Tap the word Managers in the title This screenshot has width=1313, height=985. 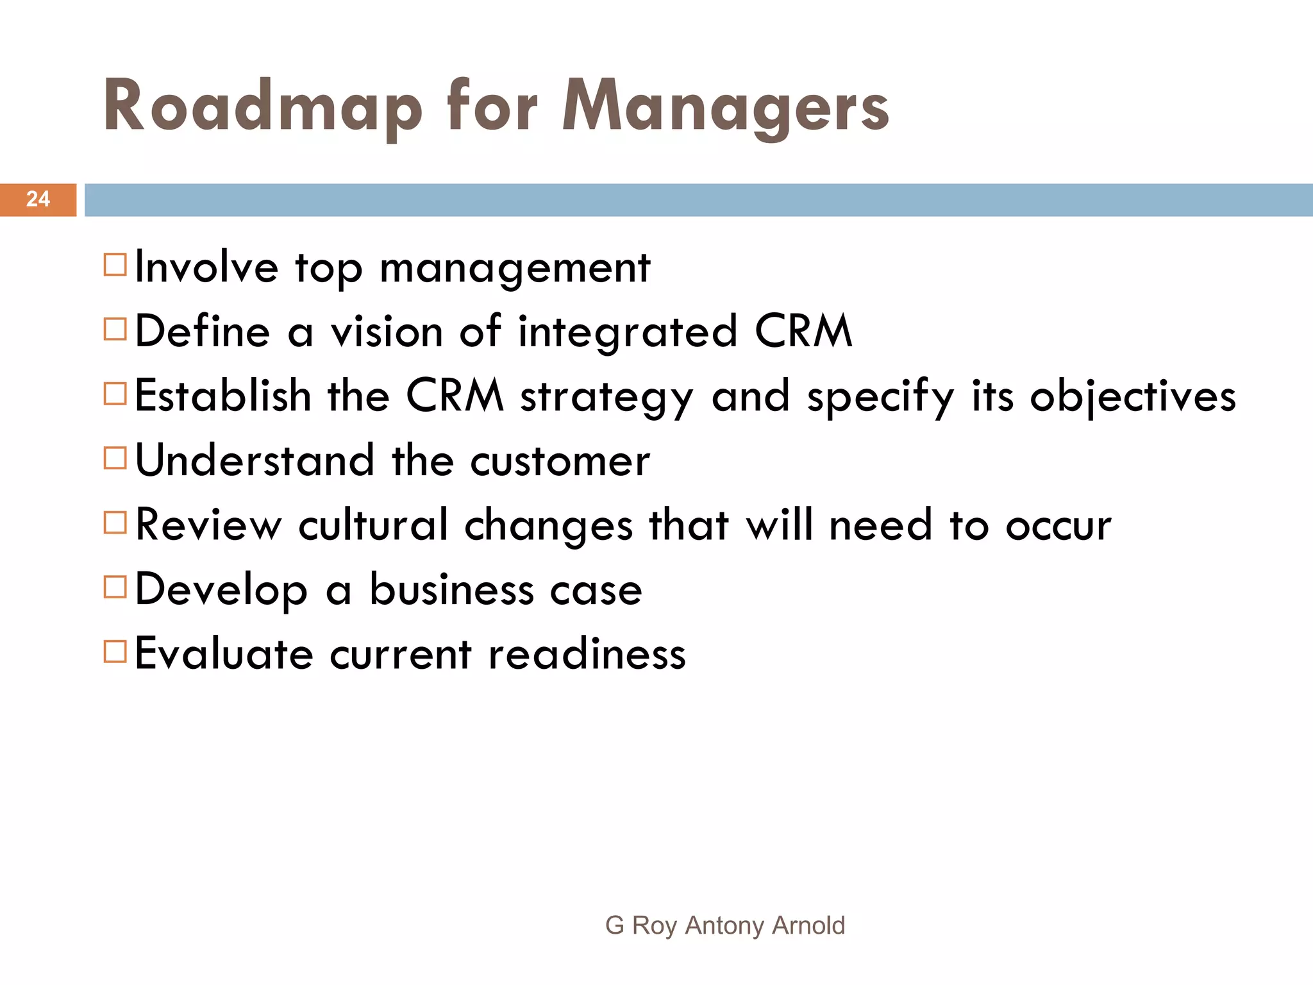[725, 107]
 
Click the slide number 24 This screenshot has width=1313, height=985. [38, 199]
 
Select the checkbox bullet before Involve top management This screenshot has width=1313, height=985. [115, 264]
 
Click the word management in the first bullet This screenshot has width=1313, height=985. [515, 268]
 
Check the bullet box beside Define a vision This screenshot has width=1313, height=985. [115, 329]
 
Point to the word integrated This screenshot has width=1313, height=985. [628, 333]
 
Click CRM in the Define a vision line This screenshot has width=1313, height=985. [803, 332]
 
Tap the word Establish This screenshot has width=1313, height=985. [223, 396]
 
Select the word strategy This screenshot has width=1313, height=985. [606, 398]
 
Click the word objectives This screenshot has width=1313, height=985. [1133, 397]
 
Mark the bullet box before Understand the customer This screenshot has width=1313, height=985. [115, 458]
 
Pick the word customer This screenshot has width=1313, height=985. [560, 461]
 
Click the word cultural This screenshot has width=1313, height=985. [373, 525]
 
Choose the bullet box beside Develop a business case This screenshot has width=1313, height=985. [115, 587]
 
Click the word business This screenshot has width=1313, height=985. [451, 589]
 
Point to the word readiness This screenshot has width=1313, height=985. [587, 654]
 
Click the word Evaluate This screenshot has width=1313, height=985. [224, 654]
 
